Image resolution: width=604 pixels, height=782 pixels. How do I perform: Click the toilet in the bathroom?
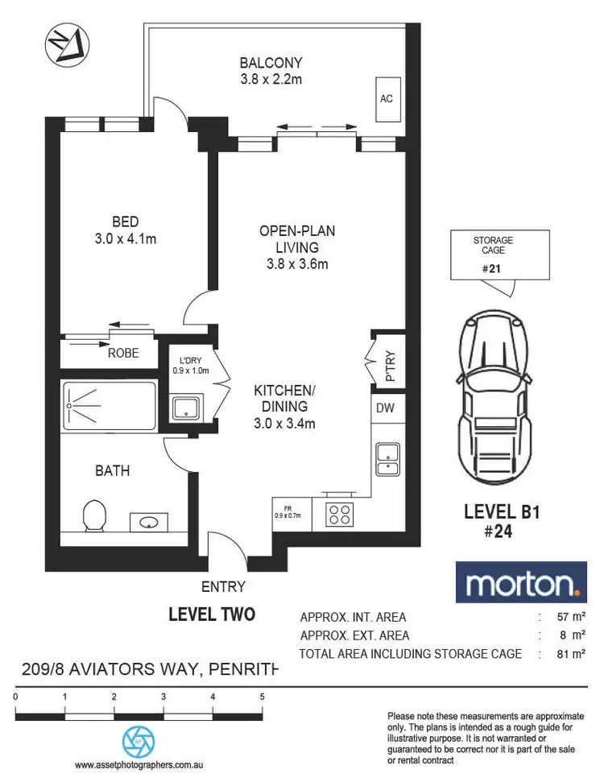click(x=95, y=516)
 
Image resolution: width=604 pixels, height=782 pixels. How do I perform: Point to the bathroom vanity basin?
click(x=149, y=523)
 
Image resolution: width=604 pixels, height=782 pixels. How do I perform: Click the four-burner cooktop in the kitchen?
click(x=340, y=514)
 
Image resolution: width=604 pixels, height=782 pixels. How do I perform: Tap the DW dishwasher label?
click(x=385, y=408)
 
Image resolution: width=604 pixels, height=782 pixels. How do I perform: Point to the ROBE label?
click(x=123, y=353)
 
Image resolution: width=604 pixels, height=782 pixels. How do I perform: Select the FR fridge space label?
click(x=287, y=511)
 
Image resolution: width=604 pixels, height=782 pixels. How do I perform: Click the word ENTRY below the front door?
click(x=224, y=587)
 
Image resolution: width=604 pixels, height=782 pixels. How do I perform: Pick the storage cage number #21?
click(x=491, y=269)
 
